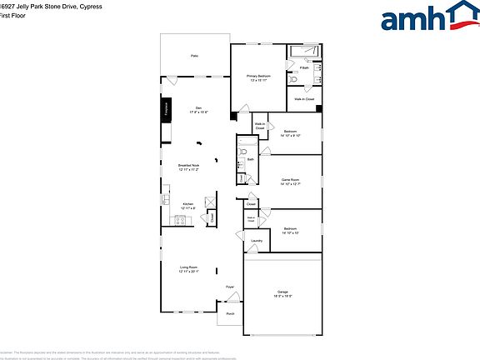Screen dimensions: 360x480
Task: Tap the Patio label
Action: click(x=194, y=56)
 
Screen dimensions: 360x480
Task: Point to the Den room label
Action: click(x=198, y=109)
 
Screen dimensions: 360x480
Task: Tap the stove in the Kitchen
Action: click(x=179, y=220)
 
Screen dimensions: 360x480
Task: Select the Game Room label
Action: click(x=290, y=181)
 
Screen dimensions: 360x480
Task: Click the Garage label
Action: click(x=282, y=292)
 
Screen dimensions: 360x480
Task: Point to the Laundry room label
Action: click(x=257, y=242)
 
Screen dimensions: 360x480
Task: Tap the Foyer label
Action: click(x=230, y=287)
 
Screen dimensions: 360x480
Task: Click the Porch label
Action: click(x=230, y=314)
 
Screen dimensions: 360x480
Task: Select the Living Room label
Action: click(x=188, y=269)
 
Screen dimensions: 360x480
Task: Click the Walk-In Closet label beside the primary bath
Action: click(x=304, y=99)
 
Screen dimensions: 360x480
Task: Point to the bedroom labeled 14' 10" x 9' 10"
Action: click(x=290, y=133)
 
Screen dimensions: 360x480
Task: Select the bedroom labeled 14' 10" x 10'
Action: click(x=290, y=230)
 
